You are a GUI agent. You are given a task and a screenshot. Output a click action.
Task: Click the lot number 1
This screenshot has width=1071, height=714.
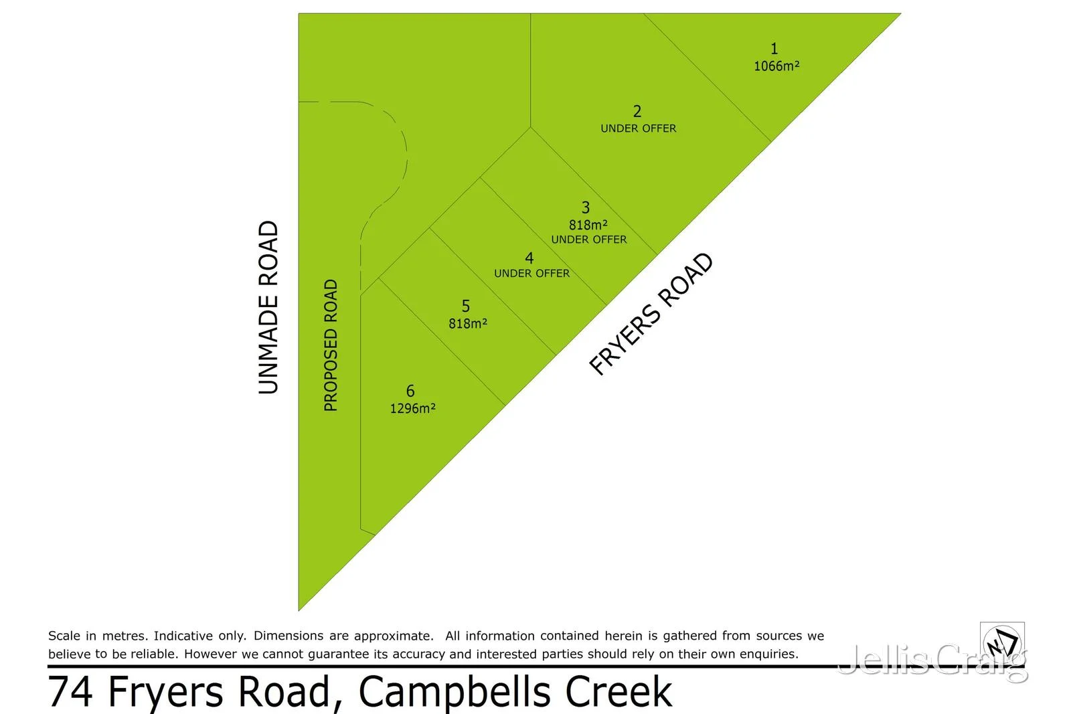[x=774, y=49]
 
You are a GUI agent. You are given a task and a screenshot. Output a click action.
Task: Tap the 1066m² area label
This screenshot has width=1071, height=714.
[x=776, y=66]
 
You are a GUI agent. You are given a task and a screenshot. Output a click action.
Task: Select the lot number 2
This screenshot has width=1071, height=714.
[x=637, y=111]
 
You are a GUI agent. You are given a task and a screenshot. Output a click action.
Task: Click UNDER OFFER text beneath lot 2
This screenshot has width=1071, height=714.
[x=639, y=128]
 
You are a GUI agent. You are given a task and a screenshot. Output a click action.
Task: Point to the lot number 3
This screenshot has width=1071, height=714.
[x=586, y=207]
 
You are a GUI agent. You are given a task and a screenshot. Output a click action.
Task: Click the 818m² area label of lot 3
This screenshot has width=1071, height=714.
[x=588, y=225]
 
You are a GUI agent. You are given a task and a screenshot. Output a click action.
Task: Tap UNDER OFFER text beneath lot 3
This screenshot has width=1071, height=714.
[x=589, y=240]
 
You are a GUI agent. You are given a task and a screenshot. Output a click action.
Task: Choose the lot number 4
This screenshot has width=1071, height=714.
[x=529, y=258]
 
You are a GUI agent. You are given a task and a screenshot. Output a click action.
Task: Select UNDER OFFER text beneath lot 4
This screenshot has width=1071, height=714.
[x=532, y=274]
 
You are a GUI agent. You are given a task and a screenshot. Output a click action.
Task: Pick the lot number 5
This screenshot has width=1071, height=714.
[x=466, y=306]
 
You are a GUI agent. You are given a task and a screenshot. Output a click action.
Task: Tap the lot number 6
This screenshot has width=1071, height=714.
[x=410, y=391]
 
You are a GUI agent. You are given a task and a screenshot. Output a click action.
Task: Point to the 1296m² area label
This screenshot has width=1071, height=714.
[x=413, y=408]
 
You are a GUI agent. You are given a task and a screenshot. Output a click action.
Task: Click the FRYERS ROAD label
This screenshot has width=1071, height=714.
[x=651, y=314]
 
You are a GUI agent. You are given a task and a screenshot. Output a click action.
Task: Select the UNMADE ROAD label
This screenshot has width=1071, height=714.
[x=268, y=307]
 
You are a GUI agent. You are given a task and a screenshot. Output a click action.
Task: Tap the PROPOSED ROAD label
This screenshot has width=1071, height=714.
[x=331, y=345]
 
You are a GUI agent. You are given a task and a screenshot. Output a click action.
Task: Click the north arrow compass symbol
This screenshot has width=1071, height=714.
[x=1002, y=643]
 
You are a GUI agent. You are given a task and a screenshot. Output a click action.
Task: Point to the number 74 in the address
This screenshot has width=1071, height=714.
[x=70, y=692]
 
